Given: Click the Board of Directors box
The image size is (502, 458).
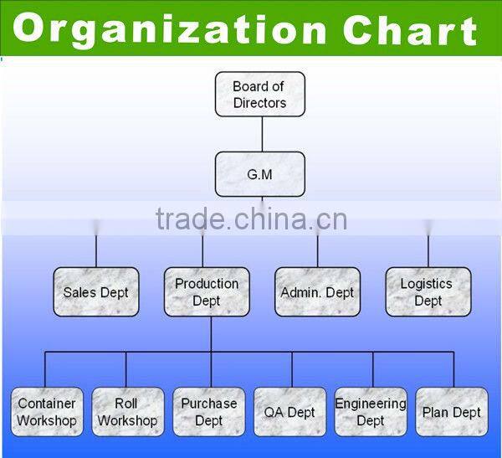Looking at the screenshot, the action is point(260,95).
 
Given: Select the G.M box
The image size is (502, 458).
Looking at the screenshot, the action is point(260,174).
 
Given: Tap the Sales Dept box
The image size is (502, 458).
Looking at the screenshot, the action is point(96,292).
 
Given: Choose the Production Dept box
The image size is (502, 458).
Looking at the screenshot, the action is point(207,292).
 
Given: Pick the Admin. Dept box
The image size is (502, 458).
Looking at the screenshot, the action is point(318,292).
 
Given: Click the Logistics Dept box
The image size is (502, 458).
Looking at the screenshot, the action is point(428,292).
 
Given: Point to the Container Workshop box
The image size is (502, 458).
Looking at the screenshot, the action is point(47,412).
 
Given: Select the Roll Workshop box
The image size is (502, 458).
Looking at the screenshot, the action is point(128,412).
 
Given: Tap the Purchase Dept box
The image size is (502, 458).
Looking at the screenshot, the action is point(208,412).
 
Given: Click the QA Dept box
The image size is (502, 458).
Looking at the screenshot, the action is point(289,412).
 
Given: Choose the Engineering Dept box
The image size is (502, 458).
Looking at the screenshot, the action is point(371,412).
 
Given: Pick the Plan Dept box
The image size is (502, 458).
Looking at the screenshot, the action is point(452,412).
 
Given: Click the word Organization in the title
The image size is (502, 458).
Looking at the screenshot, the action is point(170,30).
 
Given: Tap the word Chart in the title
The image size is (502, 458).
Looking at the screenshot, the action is point(411,28).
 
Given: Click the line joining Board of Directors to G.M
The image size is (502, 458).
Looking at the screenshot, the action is point(263,134).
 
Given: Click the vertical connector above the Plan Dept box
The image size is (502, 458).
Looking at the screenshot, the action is point(453,370).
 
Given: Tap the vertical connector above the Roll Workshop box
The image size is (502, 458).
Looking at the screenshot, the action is point(126,370).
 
